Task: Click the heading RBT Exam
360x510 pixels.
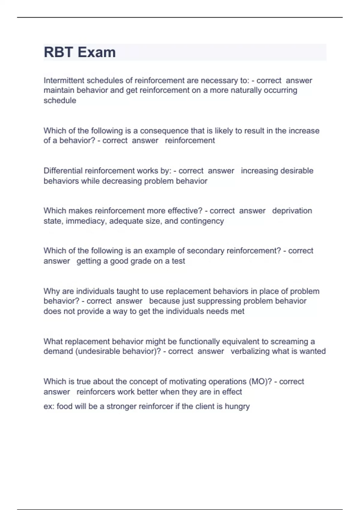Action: click(x=79, y=52)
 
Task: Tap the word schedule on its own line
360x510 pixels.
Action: click(x=60, y=100)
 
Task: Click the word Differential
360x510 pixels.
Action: click(x=63, y=171)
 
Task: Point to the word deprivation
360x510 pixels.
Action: click(x=292, y=211)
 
